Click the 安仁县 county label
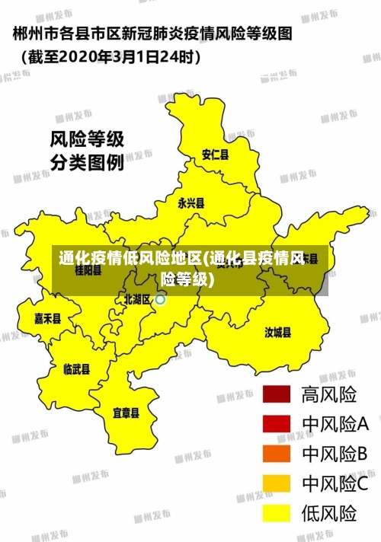point(215,155)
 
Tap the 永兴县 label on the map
point(190,203)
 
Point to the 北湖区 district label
point(138,299)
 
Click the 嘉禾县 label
point(47,319)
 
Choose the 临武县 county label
point(76,370)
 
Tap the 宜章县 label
point(126,413)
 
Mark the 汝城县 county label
point(278,332)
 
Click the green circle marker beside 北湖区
point(161,300)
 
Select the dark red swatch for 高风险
point(277,394)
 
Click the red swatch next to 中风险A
point(277,423)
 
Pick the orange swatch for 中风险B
point(277,454)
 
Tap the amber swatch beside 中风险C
point(277,483)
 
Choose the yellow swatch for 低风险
point(277,513)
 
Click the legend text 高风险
point(329,394)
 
